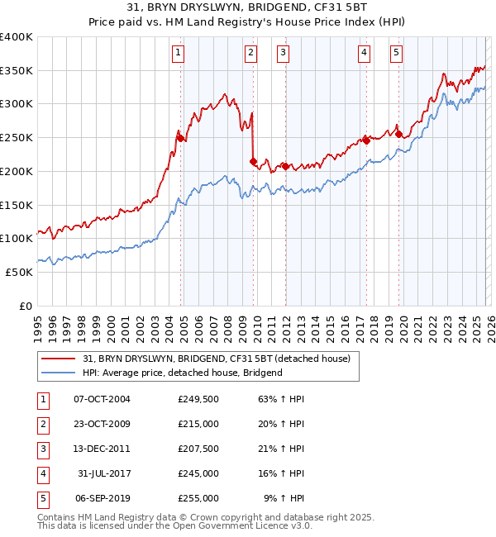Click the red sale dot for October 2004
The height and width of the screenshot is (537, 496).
180,138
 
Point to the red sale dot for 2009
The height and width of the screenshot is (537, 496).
253,161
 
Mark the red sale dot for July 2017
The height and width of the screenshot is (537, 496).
366,140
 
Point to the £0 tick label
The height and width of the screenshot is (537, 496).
26,306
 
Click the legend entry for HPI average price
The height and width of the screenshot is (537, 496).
183,373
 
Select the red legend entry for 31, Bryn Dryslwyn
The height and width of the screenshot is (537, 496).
217,359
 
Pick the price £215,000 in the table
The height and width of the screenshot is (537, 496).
198,424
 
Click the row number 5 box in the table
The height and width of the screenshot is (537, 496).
41,498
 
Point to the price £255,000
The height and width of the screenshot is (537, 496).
198,498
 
